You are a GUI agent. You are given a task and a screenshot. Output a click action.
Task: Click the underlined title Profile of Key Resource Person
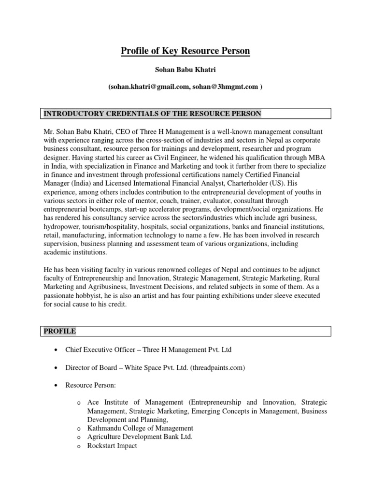point(185,51)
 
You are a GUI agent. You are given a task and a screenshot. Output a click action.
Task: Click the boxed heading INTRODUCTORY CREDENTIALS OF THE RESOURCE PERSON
point(152,114)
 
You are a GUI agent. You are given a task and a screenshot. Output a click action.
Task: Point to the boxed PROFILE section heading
point(60,331)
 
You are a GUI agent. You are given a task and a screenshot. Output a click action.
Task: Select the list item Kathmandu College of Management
point(140,428)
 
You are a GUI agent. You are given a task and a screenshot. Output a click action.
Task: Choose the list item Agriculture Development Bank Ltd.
point(140,437)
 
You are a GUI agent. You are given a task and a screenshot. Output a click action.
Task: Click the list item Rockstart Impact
point(112,446)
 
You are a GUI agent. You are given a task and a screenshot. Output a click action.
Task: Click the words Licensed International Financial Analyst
point(170,183)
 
